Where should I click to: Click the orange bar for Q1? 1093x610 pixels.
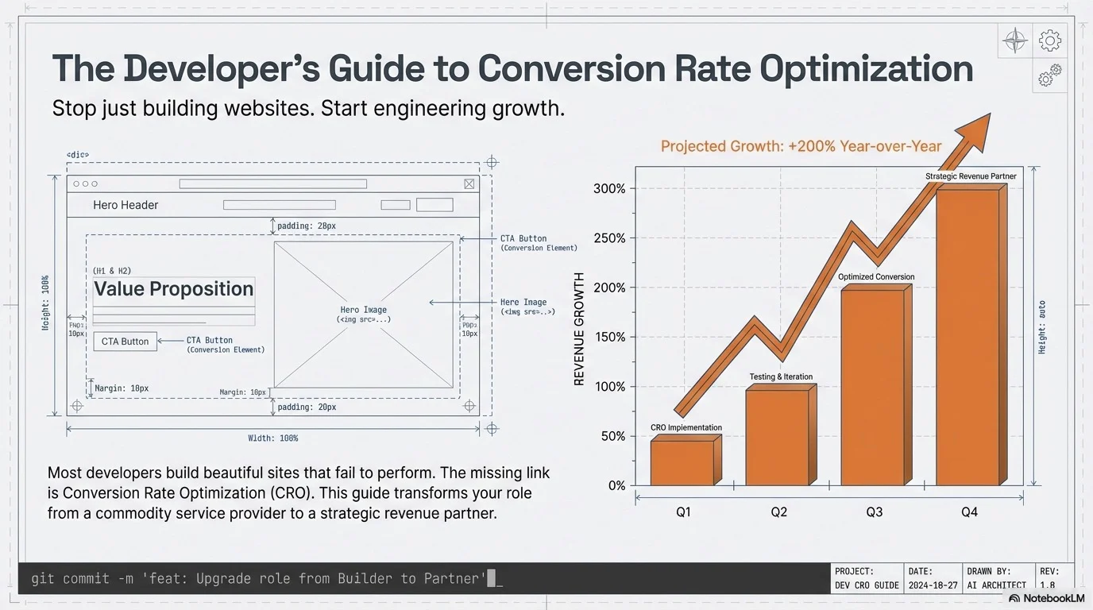coord(682,463)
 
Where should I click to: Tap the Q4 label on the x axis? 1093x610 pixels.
coord(969,512)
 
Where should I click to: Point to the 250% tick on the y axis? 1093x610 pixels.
coord(610,238)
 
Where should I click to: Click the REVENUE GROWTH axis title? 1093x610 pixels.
coord(579,329)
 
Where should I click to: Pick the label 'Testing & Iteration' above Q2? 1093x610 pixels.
coord(781,377)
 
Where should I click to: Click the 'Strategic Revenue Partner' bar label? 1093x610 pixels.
coord(971,176)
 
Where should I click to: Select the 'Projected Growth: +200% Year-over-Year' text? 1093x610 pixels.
coord(801,146)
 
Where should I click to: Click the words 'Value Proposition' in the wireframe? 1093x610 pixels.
coord(173,289)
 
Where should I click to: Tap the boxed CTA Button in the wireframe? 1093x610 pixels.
coord(125,342)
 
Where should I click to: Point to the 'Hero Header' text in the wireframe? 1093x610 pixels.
coord(126,205)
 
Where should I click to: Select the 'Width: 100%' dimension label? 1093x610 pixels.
coord(273,438)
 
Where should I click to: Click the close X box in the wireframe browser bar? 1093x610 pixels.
coord(469,184)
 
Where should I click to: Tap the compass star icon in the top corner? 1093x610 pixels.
coord(1015,41)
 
